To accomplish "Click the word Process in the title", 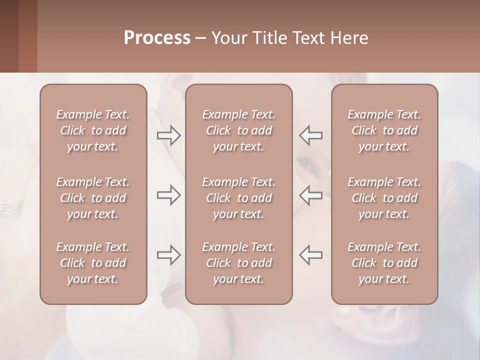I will (x=157, y=38).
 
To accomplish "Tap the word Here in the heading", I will (x=349, y=38).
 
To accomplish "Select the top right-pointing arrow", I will (x=169, y=135).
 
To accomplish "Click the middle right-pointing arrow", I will (x=169, y=195).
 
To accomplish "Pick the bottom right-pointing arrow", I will (x=169, y=254).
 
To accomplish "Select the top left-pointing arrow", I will (x=311, y=135).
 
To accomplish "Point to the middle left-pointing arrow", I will (x=311, y=195).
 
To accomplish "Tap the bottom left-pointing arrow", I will (x=311, y=254).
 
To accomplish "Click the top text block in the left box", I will (x=93, y=130).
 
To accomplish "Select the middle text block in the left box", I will (x=93, y=198).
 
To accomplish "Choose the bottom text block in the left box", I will (x=93, y=263).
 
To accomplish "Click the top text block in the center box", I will (x=239, y=130).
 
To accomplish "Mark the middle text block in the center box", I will (x=239, y=198).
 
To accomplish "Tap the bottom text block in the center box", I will (x=239, y=263).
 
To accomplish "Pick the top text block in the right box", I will (x=384, y=130).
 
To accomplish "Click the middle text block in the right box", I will (x=384, y=198).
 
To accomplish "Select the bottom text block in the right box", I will (x=384, y=263).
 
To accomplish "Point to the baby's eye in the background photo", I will (x=303, y=162).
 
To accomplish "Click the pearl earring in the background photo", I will (x=344, y=312).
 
